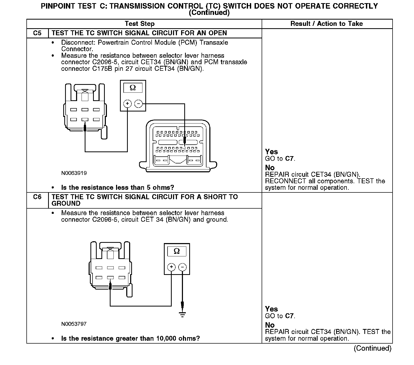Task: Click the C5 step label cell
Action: (37, 33)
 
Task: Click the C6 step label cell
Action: (37, 197)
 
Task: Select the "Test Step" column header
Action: (140, 24)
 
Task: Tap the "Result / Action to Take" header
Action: (326, 24)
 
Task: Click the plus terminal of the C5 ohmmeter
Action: (127, 104)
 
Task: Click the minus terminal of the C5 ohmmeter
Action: (138, 104)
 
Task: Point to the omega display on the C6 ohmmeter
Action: (177, 251)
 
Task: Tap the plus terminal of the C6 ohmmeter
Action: (171, 267)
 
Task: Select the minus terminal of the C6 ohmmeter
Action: (182, 267)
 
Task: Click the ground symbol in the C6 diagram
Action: (182, 315)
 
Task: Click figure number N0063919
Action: (74, 173)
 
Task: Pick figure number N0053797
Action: (74, 324)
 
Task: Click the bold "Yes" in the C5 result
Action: (271, 152)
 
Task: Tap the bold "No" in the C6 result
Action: (270, 325)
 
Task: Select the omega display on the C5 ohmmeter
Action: (133, 88)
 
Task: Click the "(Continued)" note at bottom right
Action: (372, 348)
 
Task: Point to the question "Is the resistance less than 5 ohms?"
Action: (118, 188)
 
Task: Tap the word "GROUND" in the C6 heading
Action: (66, 204)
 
